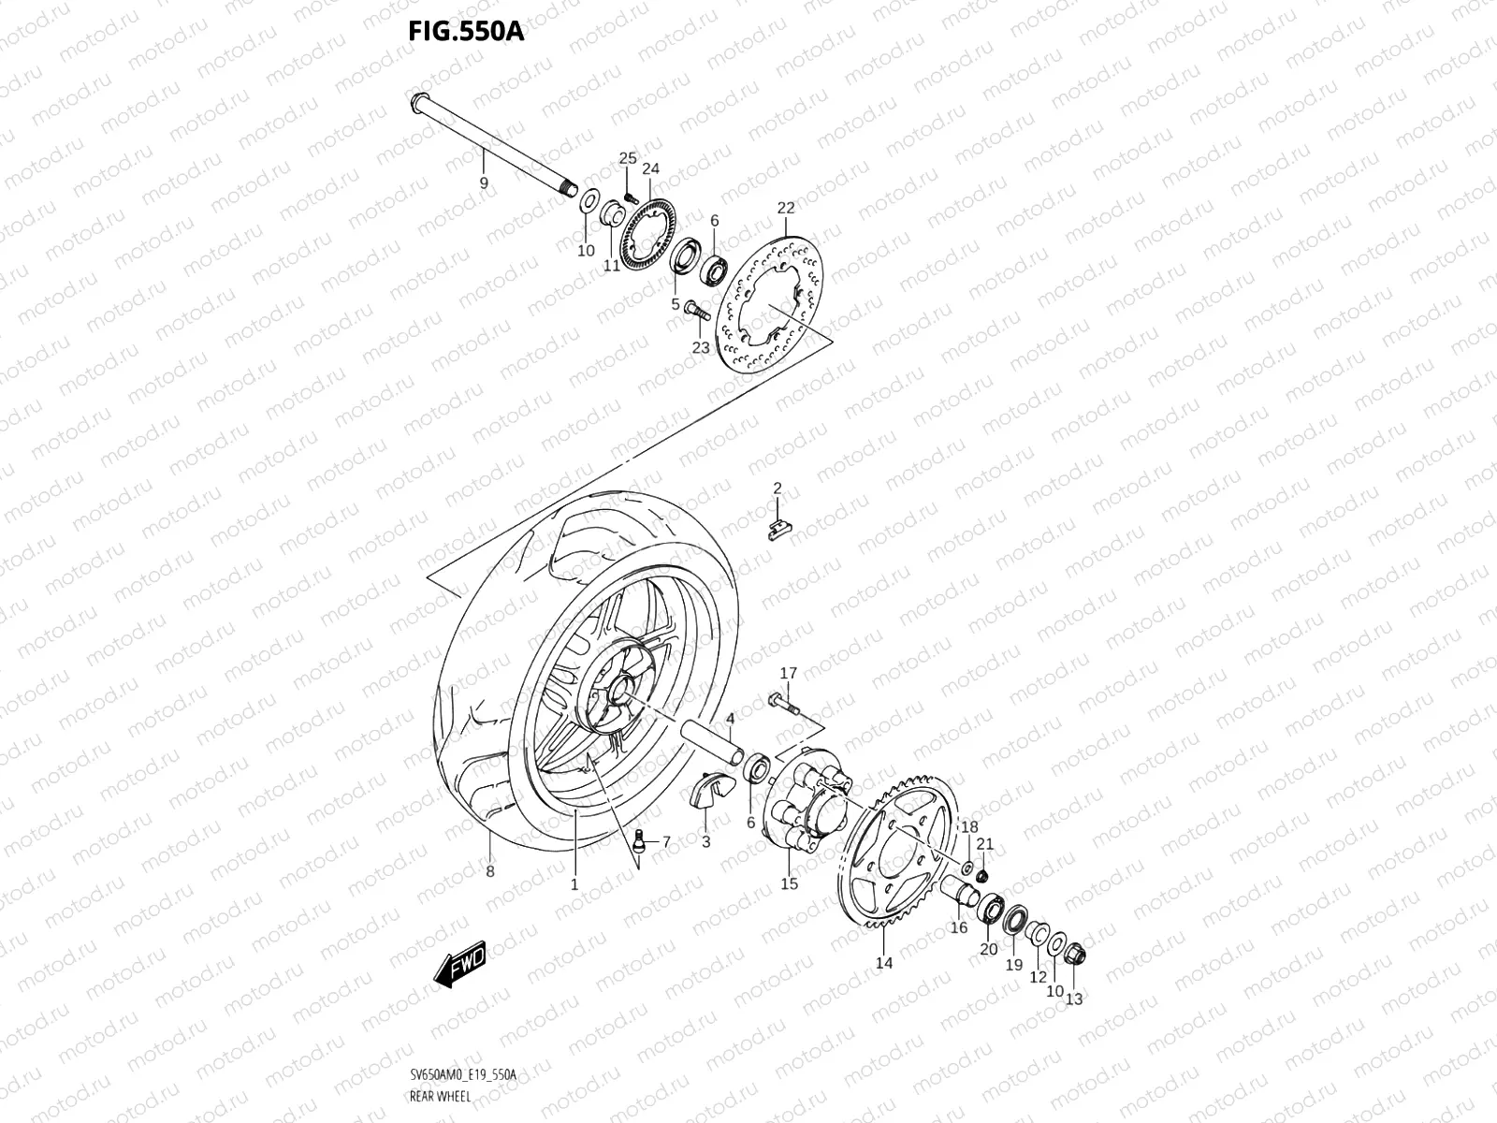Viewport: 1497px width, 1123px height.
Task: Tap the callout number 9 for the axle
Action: point(484,183)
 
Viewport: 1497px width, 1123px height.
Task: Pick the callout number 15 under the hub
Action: point(789,883)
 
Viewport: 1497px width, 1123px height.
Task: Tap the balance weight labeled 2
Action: point(775,530)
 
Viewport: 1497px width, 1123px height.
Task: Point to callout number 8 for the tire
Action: point(489,871)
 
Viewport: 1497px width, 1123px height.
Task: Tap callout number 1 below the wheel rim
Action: point(574,882)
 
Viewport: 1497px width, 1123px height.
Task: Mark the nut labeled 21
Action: point(983,875)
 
